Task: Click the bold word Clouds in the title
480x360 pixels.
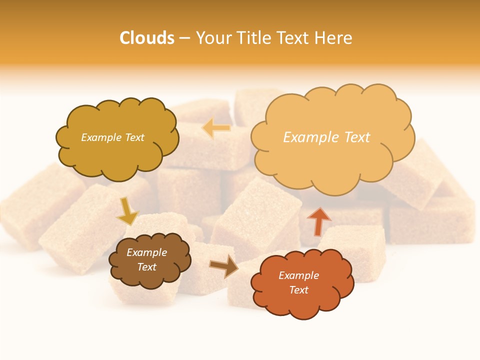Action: pyautogui.click(x=147, y=38)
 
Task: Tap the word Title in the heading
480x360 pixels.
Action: pyautogui.click(x=254, y=38)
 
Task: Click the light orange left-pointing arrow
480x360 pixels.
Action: pyautogui.click(x=216, y=128)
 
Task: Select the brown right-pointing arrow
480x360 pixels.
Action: pyautogui.click(x=224, y=266)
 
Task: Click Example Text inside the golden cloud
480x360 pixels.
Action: pyautogui.click(x=112, y=137)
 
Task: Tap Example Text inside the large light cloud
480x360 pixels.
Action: pyautogui.click(x=326, y=137)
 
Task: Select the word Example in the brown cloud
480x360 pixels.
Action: pyautogui.click(x=146, y=252)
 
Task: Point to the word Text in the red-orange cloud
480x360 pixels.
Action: pyautogui.click(x=298, y=290)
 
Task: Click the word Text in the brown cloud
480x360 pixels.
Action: pyautogui.click(x=146, y=267)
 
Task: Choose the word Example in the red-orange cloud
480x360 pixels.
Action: pyautogui.click(x=298, y=275)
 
